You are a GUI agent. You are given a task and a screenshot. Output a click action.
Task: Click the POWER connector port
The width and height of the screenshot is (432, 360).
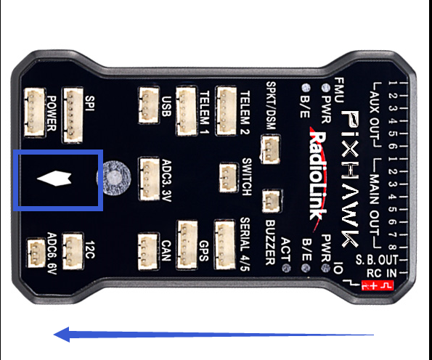(x=35, y=112)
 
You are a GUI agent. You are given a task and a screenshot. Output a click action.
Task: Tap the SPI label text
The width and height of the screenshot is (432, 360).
(x=90, y=104)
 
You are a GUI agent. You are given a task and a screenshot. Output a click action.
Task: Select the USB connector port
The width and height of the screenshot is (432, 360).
(x=149, y=105)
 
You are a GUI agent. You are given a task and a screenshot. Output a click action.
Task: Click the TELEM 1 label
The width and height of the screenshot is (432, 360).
(x=204, y=112)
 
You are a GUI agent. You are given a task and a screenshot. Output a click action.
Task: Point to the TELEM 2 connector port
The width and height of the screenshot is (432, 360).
(x=226, y=111)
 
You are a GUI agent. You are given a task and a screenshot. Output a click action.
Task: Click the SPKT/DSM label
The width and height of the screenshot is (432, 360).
(x=271, y=106)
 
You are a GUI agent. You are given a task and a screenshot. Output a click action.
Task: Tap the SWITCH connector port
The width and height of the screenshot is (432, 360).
(x=229, y=178)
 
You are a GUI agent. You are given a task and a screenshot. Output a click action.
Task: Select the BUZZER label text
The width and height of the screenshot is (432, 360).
(x=271, y=242)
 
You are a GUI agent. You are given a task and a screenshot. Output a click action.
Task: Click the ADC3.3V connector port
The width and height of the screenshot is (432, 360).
(x=150, y=179)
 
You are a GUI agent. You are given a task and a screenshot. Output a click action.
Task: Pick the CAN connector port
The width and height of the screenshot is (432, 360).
(x=148, y=252)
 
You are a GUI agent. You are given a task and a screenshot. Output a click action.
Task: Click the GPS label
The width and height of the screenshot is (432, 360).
(x=204, y=251)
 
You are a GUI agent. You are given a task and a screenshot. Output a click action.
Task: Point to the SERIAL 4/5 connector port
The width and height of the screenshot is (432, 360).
(x=225, y=245)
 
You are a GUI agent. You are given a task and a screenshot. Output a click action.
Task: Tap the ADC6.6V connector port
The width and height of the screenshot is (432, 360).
(x=36, y=253)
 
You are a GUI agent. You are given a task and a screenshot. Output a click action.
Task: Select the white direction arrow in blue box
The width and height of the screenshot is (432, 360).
(x=54, y=179)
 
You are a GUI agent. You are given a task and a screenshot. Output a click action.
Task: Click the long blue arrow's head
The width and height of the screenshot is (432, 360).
(x=62, y=335)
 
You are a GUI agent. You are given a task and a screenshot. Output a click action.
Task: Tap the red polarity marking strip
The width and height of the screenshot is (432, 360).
(x=377, y=285)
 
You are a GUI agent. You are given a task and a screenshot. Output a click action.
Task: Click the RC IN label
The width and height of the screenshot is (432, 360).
(x=381, y=273)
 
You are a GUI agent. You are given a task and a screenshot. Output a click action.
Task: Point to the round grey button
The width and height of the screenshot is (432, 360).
(x=114, y=178)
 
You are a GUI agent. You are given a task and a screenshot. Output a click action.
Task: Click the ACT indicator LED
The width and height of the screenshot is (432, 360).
(x=286, y=268)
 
